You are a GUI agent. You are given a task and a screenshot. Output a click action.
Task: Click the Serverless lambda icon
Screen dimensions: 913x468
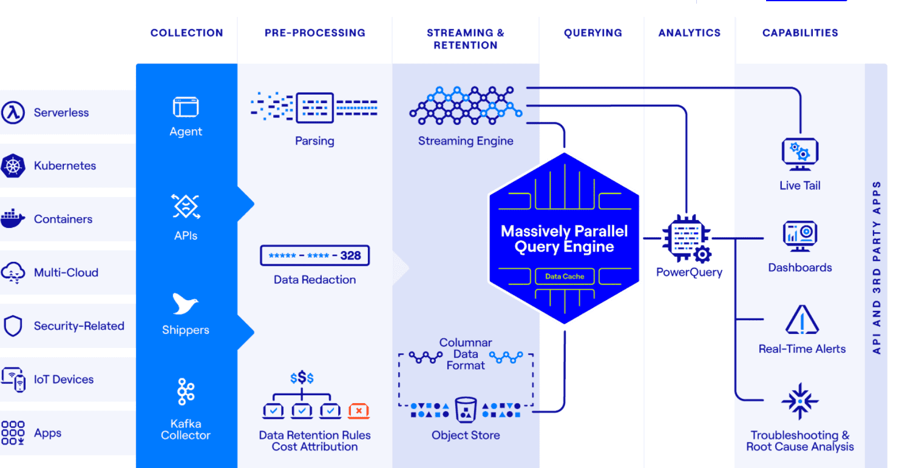click(13, 112)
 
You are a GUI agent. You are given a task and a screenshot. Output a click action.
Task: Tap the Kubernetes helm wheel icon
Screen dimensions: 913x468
click(13, 165)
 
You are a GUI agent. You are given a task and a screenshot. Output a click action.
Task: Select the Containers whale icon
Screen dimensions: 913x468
click(13, 219)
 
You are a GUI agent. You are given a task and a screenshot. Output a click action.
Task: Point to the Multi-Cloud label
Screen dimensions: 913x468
click(66, 272)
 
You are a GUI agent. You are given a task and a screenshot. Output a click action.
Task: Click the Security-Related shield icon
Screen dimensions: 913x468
click(13, 326)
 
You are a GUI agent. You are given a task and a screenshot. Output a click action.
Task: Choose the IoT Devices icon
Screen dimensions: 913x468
click(13, 379)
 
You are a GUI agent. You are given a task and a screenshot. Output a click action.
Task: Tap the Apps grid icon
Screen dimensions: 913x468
click(13, 433)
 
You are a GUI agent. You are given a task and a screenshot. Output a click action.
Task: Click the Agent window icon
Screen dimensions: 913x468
click(186, 107)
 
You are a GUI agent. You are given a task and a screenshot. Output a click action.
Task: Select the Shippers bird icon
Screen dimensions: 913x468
click(185, 304)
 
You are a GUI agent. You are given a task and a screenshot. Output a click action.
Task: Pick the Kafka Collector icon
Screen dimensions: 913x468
click(186, 392)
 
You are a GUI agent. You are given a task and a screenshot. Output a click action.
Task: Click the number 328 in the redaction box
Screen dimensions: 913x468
click(350, 256)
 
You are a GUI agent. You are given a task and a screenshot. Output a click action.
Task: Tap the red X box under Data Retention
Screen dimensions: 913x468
click(359, 411)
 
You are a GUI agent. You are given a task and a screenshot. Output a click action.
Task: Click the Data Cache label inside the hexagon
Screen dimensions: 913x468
click(565, 276)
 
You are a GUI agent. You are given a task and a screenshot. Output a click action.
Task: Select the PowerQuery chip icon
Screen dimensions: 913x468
click(687, 238)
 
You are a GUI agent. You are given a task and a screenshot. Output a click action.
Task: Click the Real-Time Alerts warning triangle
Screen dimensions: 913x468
click(802, 320)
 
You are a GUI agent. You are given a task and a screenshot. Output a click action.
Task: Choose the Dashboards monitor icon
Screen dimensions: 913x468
click(800, 236)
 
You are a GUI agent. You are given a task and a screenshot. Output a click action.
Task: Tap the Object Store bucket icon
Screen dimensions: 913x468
click(466, 410)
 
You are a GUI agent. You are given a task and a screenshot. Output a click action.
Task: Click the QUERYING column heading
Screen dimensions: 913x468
click(593, 33)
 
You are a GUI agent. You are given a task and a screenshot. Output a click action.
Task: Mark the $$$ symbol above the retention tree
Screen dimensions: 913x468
click(302, 378)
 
